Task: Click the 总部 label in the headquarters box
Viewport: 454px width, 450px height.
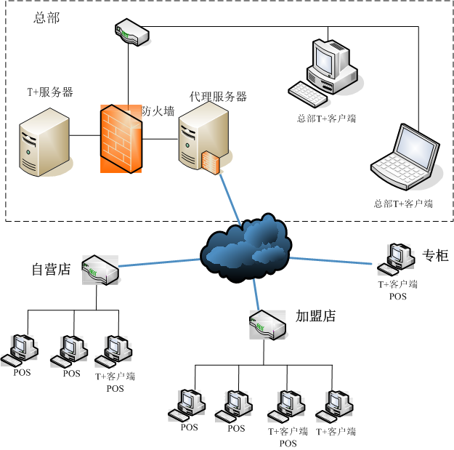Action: pos(46,18)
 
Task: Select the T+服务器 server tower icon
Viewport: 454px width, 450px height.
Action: pos(44,143)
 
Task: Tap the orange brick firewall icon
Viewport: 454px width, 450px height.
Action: pos(121,139)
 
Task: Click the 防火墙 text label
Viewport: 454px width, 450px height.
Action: pos(158,111)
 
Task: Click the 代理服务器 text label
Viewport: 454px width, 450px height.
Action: pos(218,97)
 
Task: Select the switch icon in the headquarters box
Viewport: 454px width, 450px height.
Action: pos(132,32)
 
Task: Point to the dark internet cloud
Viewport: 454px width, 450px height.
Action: pos(245,247)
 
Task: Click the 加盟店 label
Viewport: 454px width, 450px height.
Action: pos(315,316)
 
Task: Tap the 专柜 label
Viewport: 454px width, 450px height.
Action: pos(436,255)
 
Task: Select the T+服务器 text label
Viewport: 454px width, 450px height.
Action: pos(50,92)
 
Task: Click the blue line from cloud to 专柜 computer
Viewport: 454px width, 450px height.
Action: pos(334,259)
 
